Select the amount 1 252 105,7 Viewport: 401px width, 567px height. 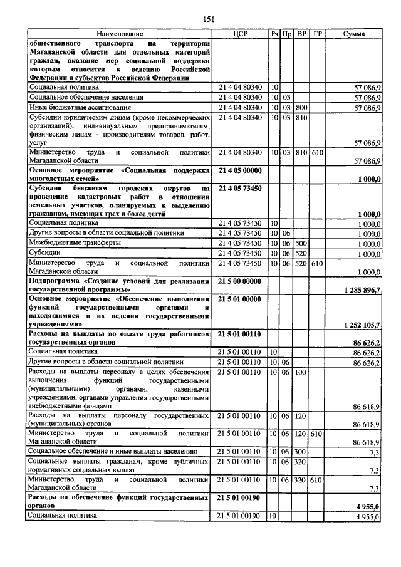pyautogui.click(x=362, y=325)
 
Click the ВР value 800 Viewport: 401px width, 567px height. pyautogui.click(x=301, y=108)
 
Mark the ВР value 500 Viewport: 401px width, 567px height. pyautogui.click(x=301, y=243)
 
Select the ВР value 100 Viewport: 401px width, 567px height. pyautogui.click(x=301, y=372)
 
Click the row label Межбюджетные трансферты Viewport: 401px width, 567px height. pyautogui.click(x=71, y=243)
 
